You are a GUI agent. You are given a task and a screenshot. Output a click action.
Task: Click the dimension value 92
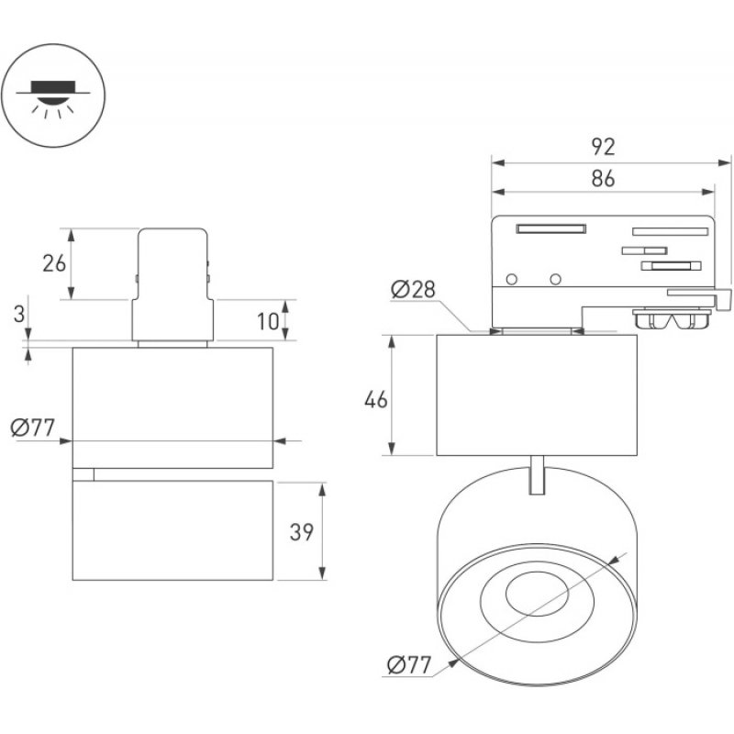603,147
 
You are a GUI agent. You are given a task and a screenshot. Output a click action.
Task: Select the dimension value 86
603,178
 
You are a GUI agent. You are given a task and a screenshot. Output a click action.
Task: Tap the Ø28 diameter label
414,289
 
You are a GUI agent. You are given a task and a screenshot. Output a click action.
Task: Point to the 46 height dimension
376,400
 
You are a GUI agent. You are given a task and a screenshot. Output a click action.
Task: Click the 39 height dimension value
302,532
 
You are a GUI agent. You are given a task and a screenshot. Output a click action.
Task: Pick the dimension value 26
54,263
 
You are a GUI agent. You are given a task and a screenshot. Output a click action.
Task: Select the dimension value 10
268,321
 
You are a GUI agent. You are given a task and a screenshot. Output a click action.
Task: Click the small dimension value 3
18,314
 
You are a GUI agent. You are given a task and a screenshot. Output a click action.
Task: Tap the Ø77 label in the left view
33,428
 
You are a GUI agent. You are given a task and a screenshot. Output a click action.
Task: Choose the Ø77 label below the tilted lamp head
409,665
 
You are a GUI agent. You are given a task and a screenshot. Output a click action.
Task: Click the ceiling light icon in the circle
53,96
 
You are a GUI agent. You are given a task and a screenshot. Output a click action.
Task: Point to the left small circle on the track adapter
512,280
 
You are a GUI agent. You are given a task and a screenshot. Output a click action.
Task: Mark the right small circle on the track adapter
556,280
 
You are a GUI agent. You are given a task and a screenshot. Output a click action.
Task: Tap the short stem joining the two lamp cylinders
537,474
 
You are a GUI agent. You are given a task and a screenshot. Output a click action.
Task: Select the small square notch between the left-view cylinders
83,474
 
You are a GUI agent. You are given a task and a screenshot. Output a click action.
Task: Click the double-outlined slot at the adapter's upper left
551,228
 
